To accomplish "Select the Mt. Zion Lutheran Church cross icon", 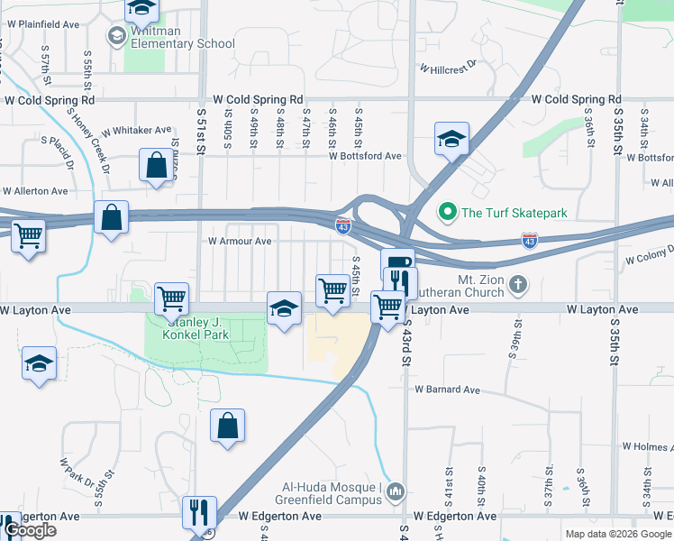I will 517,285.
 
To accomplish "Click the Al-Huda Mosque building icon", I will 397,490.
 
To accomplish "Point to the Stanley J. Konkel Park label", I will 196,326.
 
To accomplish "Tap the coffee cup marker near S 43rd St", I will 397,262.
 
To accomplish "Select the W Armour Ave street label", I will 240,241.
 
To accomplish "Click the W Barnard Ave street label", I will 447,390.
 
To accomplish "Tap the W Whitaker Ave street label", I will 136,130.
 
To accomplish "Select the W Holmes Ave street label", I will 647,445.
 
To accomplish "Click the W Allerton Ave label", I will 36,191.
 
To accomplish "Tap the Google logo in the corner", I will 29,530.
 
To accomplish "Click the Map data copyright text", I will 617,534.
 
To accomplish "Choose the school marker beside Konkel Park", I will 284,309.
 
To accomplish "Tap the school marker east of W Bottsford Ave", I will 452,139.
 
